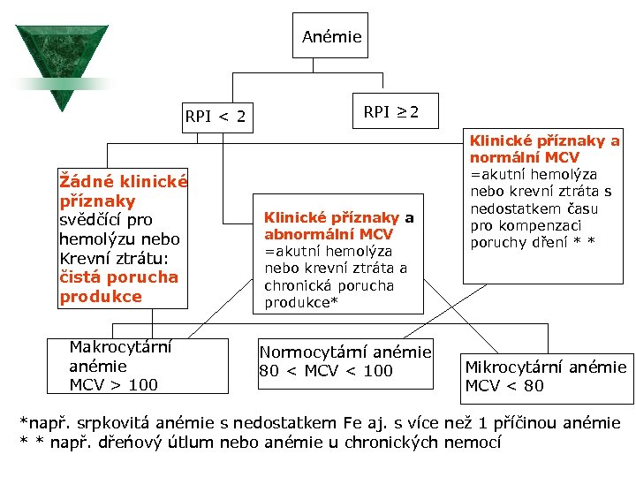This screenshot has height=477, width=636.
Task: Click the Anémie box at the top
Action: click(331, 36)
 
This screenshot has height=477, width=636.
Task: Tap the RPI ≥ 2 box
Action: click(391, 112)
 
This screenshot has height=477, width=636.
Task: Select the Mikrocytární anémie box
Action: click(545, 375)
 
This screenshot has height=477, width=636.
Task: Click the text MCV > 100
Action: click(113, 385)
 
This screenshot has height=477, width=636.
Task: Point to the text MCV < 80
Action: click(504, 386)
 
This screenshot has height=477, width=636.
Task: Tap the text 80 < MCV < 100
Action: click(326, 371)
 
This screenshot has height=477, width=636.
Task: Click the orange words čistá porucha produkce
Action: click(118, 286)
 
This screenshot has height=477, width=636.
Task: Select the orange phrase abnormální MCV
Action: click(328, 235)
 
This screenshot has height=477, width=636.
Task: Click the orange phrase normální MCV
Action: click(525, 157)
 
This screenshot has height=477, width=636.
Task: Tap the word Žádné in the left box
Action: click(84, 182)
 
